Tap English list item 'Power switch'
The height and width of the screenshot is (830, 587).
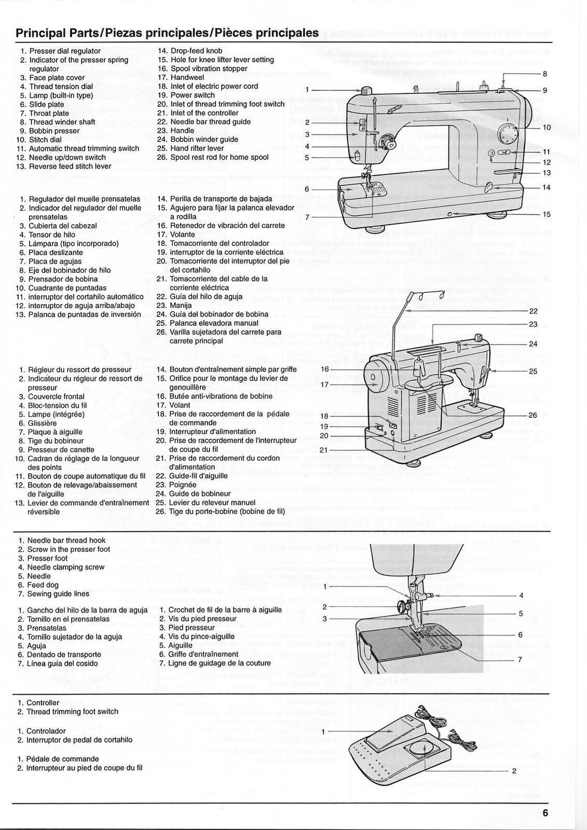point(193,95)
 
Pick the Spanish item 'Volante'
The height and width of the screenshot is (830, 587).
point(182,234)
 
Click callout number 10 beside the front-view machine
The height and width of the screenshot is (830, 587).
point(547,127)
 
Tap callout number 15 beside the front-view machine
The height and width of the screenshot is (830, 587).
point(547,214)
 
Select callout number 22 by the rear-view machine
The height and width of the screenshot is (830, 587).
point(533,311)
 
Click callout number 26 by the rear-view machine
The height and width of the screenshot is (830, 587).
point(533,415)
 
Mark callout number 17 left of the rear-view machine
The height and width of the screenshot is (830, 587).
point(325,384)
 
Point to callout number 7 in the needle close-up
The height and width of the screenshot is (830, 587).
point(520,660)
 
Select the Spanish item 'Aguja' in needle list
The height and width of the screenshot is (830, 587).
point(36,646)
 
